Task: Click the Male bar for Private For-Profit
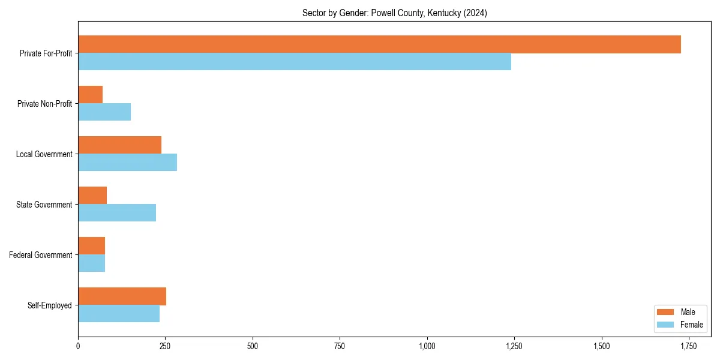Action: coord(379,44)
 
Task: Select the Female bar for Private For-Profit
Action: coord(295,62)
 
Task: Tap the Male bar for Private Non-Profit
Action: coord(90,95)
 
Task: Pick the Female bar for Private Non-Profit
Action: coord(104,112)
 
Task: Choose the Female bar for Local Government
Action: coord(127,163)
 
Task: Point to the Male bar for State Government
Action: coord(92,196)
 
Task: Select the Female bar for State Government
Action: coord(117,213)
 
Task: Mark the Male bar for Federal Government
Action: coord(91,246)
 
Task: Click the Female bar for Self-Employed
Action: coord(119,314)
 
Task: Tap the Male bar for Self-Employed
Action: coord(122,296)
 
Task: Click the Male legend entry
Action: coord(680,312)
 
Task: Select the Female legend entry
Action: coord(680,325)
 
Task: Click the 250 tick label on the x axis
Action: coord(165,346)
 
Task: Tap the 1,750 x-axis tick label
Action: coord(688,346)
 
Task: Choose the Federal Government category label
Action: coord(41,255)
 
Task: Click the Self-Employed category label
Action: coord(50,305)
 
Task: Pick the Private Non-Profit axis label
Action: coord(44,104)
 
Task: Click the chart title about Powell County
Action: coord(394,13)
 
